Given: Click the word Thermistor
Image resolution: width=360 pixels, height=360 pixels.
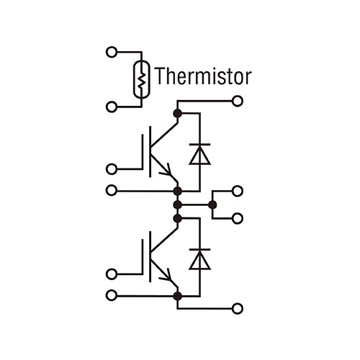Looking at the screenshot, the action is pos(203,76).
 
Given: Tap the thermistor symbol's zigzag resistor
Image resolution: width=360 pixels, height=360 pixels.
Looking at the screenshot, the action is pos(142,80).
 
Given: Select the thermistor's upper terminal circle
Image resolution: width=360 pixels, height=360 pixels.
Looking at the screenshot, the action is pos(112,52).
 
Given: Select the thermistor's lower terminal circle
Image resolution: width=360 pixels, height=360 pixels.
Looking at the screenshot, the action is pos(112,107).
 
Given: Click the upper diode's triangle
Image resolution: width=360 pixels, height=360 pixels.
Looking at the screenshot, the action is pos(200,156).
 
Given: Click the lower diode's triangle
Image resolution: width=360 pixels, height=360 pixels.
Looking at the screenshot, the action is pos(200,261).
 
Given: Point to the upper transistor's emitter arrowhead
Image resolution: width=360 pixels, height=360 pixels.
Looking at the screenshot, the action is pos(167,170).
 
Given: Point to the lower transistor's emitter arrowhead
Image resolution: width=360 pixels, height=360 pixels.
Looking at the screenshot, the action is pos(167,275).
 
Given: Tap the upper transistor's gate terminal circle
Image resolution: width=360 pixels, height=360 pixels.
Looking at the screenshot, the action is pos(112,169).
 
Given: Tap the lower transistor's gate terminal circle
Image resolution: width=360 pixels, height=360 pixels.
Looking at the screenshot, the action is pos(112,274).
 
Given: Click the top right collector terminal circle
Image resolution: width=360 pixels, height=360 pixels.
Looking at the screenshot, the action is pos(238,101).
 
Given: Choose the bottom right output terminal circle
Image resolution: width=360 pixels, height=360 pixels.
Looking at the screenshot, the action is pos(238,308).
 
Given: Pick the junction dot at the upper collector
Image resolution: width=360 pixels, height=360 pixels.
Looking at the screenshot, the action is pos(178,114).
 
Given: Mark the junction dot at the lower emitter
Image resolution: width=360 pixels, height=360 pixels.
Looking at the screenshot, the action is pos(178,296).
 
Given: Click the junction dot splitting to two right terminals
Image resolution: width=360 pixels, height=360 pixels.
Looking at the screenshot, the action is pos(212,205).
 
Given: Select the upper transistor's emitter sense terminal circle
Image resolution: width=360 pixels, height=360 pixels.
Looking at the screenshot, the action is pos(112,191).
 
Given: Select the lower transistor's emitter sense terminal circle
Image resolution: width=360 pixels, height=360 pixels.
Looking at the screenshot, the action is pos(112,295).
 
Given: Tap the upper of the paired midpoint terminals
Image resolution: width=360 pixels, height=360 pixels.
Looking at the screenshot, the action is pos(238,191).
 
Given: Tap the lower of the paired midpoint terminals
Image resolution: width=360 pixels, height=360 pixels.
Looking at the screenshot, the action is pos(238,218).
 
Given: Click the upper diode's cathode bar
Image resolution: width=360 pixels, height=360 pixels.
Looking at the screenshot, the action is pos(200,145).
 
